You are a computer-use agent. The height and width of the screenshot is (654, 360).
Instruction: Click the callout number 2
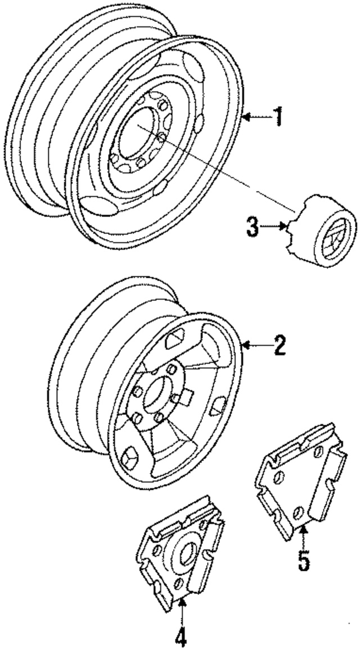278,345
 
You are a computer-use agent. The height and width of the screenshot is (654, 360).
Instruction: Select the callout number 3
253,228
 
